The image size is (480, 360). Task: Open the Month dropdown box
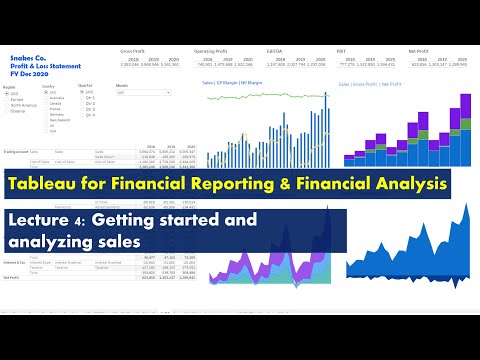(x=143, y=92)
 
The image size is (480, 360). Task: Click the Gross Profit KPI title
(x=132, y=48)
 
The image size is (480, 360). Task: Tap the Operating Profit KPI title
(x=213, y=48)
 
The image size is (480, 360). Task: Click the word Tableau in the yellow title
(x=40, y=185)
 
